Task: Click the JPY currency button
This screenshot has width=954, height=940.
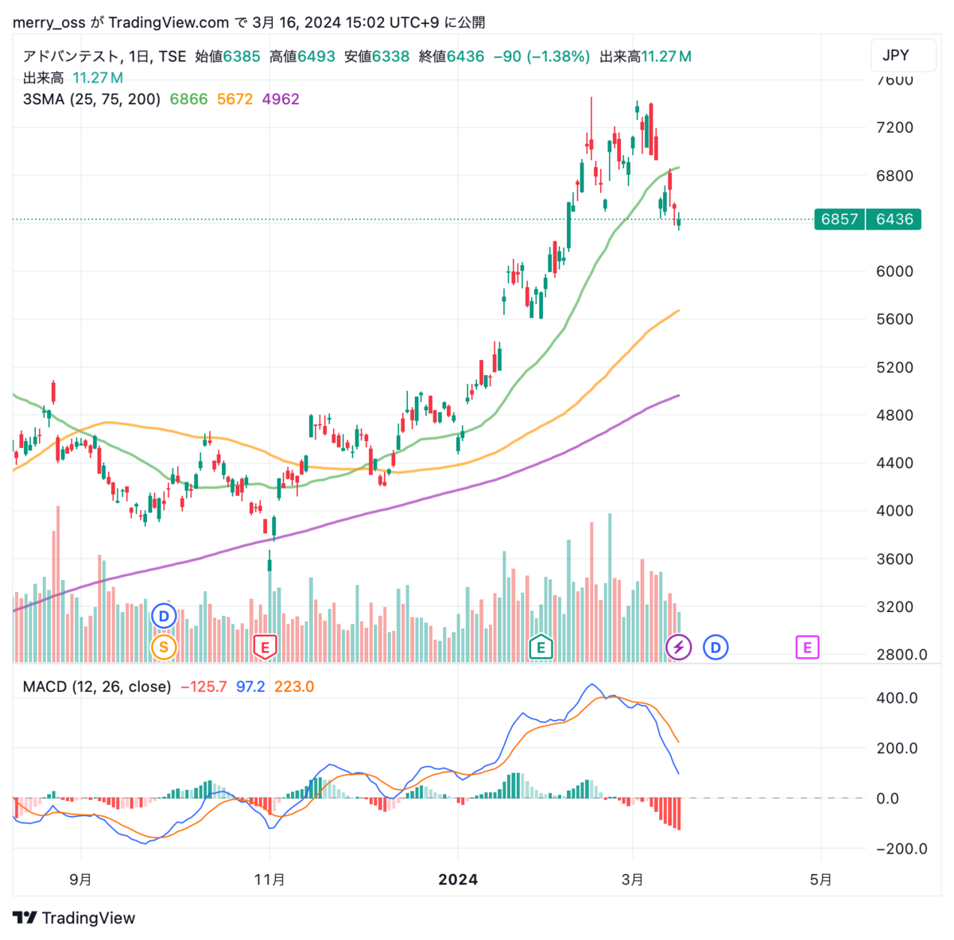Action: pyautogui.click(x=895, y=55)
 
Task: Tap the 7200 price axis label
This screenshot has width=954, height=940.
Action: pyautogui.click(x=894, y=128)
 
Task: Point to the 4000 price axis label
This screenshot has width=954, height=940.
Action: pyautogui.click(x=894, y=511)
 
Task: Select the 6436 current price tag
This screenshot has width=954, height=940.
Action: pyautogui.click(x=894, y=219)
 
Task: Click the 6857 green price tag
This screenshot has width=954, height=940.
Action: pyautogui.click(x=840, y=219)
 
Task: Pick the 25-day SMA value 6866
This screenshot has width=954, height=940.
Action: pyautogui.click(x=188, y=99)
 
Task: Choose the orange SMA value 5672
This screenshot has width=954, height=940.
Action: pyautogui.click(x=235, y=99)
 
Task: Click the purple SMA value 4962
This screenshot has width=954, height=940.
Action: pyautogui.click(x=281, y=99)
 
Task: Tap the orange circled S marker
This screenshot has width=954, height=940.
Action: pyautogui.click(x=164, y=648)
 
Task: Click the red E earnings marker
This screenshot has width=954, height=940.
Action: pyautogui.click(x=265, y=647)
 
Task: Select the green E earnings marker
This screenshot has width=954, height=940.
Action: pyautogui.click(x=541, y=648)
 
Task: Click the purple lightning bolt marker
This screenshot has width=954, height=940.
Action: pyautogui.click(x=678, y=648)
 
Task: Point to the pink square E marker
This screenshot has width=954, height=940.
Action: pyautogui.click(x=807, y=648)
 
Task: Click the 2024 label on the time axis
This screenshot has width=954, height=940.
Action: pyautogui.click(x=459, y=880)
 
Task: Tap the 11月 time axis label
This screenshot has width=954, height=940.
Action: pyautogui.click(x=270, y=880)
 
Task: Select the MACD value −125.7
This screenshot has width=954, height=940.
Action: pyautogui.click(x=204, y=687)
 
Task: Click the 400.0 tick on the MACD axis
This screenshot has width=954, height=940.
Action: pyautogui.click(x=897, y=698)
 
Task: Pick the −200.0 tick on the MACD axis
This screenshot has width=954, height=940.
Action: pyautogui.click(x=895, y=849)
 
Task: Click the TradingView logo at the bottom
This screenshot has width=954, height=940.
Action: pyautogui.click(x=75, y=918)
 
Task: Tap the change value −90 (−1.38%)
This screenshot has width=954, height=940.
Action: pyautogui.click(x=541, y=56)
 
